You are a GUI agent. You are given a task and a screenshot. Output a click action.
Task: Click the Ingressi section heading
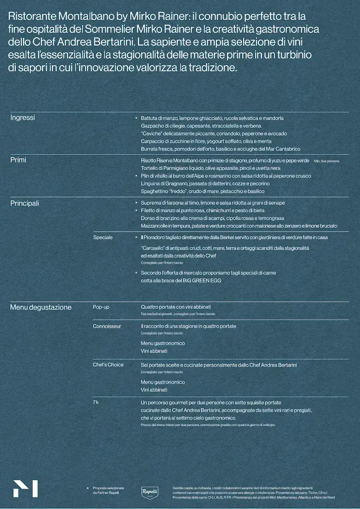click(x=22, y=118)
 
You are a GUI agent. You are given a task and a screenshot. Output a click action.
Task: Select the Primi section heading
click(x=18, y=160)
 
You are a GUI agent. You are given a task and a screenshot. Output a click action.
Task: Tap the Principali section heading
click(x=24, y=203)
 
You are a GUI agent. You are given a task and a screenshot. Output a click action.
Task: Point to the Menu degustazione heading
click(x=41, y=307)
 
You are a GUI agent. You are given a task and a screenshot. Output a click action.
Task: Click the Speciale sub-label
click(x=103, y=238)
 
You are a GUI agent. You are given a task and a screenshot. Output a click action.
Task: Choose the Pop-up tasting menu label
click(x=101, y=307)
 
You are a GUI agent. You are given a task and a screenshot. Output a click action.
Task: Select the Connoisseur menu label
click(x=107, y=326)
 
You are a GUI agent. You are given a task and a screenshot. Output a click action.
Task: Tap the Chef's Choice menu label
click(x=108, y=365)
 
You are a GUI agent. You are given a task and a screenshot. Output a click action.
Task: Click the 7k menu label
click(x=96, y=402)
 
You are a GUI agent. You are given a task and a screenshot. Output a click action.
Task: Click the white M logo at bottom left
click(x=25, y=489)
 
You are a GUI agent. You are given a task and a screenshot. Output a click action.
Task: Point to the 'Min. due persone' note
click(x=327, y=161)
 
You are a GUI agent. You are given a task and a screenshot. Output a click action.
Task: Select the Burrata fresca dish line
click(x=220, y=149)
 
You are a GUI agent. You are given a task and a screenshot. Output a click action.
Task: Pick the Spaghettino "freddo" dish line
click(x=202, y=191)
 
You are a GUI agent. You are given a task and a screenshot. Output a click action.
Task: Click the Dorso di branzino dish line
click(x=212, y=218)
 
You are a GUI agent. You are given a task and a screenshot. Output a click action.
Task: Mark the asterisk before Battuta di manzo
click(x=136, y=118)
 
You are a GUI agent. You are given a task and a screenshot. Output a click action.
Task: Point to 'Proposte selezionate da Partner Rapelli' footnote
click(x=108, y=490)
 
